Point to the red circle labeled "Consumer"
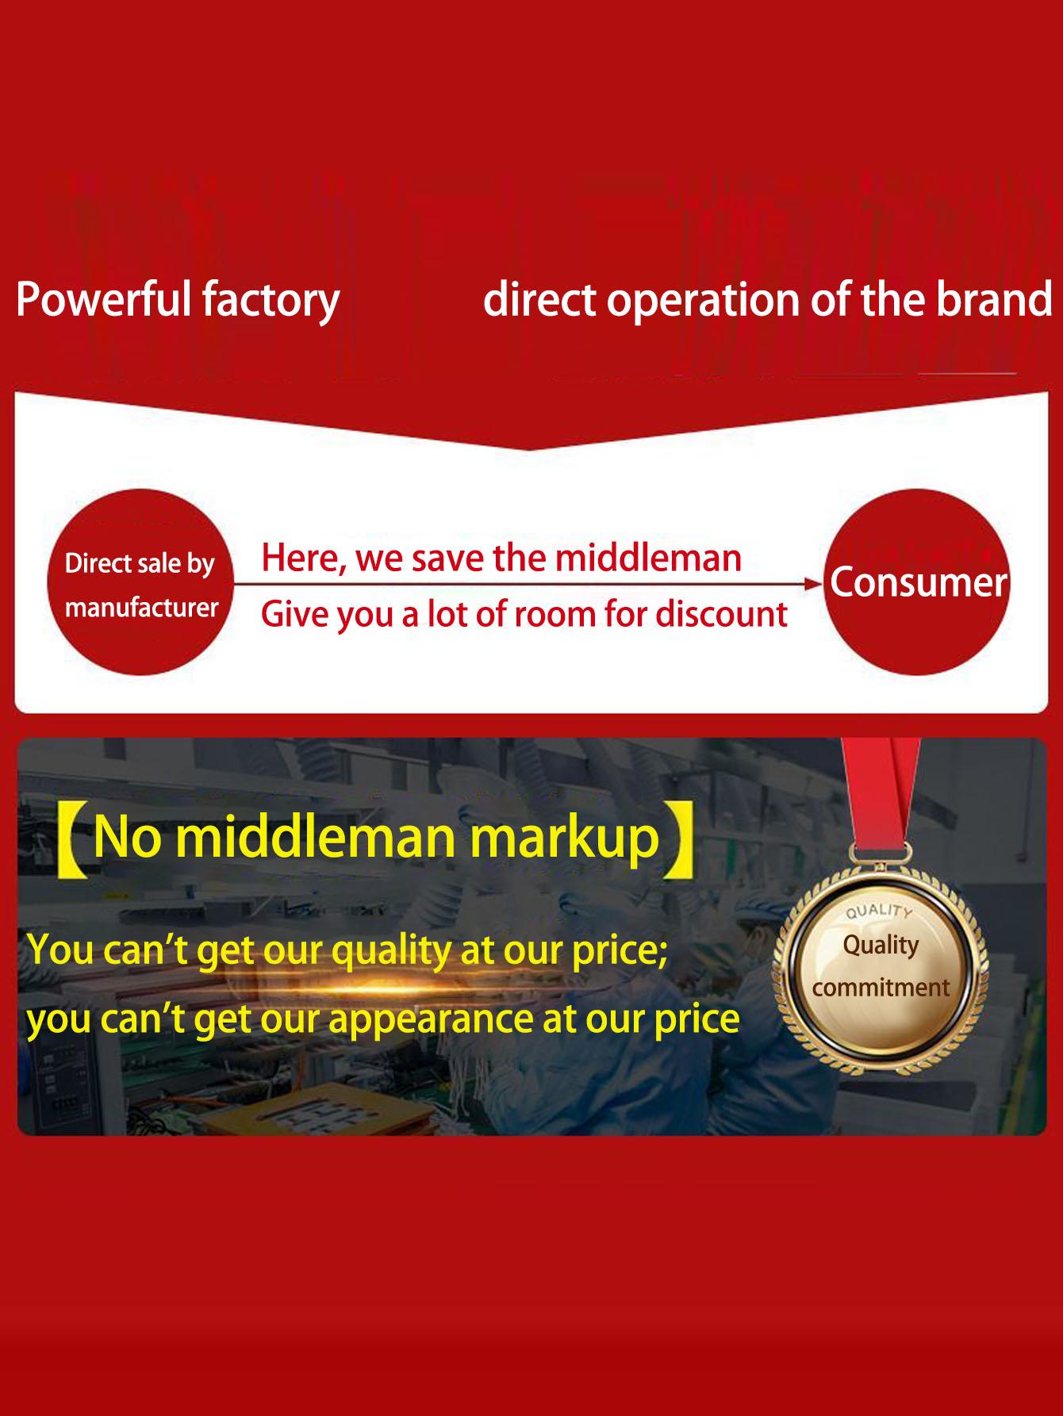(x=918, y=582)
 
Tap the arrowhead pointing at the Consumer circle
(x=814, y=585)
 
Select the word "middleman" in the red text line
(x=648, y=558)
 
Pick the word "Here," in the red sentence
(x=304, y=559)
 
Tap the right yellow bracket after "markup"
(x=681, y=841)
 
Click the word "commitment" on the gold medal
(x=881, y=988)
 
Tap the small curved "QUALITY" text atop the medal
(x=879, y=911)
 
